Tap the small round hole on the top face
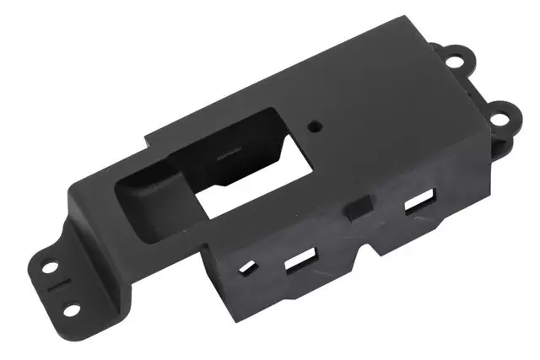[x=316, y=124]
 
